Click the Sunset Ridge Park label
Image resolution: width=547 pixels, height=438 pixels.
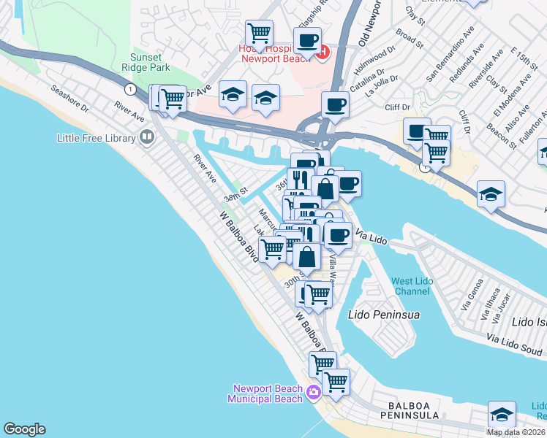[150, 63]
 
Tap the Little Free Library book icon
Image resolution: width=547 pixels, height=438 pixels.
[147, 137]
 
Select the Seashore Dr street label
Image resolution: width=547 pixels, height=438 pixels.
[69, 99]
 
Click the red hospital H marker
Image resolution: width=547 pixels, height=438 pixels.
[322, 51]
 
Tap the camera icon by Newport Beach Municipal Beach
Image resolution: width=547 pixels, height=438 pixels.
[314, 393]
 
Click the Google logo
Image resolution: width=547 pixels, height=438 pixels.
[24, 429]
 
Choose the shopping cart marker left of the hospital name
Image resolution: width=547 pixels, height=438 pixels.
[259, 33]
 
